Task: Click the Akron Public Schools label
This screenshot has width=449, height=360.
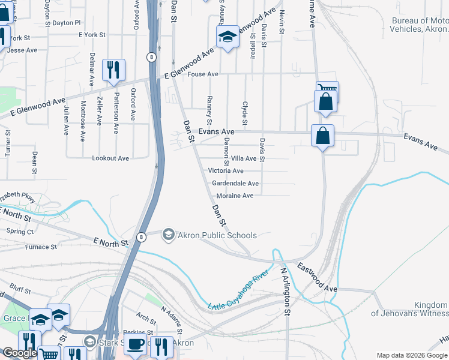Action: pyautogui.click(x=217, y=235)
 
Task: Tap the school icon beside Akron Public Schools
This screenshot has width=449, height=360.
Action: pyautogui.click(x=169, y=235)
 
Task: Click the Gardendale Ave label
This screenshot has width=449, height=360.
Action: pyautogui.click(x=235, y=183)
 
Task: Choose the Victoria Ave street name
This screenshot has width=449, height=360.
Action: pyautogui.click(x=225, y=170)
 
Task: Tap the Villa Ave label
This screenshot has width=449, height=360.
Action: pyautogui.click(x=244, y=158)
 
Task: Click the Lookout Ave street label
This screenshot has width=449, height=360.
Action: pyautogui.click(x=110, y=158)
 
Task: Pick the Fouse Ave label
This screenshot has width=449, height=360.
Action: pyautogui.click(x=203, y=74)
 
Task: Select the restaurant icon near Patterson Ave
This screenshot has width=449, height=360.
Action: pyautogui.click(x=113, y=70)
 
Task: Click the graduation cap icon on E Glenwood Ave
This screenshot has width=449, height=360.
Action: pyautogui.click(x=228, y=38)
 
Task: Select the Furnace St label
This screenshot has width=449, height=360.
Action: pyautogui.click(x=41, y=247)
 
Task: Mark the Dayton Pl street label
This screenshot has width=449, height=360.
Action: pyautogui.click(x=66, y=23)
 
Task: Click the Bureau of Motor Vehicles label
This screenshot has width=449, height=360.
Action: pyautogui.click(x=420, y=25)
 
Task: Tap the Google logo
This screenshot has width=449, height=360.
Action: pyautogui.click(x=20, y=353)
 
